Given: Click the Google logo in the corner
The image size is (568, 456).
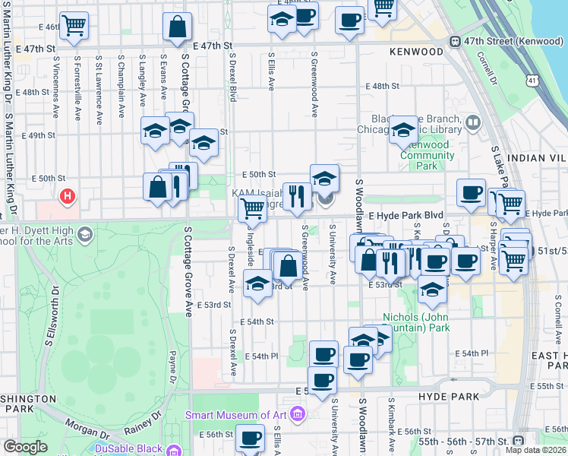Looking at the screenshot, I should [x=25, y=447].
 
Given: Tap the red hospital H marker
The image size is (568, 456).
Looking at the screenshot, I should [x=68, y=197].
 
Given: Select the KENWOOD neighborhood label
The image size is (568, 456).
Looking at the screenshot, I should [x=415, y=52].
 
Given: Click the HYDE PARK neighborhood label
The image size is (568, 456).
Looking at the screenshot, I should [x=449, y=396].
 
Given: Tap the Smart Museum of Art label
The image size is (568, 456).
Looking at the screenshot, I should [x=238, y=415].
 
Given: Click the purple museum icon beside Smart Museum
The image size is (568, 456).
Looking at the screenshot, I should [x=298, y=415].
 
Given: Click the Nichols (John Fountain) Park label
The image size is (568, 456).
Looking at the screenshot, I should [x=415, y=322].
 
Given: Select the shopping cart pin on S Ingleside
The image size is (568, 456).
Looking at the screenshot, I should [x=251, y=209].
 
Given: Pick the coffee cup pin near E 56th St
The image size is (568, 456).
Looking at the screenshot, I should [x=250, y=438].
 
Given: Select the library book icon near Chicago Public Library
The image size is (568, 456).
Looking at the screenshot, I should [x=473, y=122].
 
